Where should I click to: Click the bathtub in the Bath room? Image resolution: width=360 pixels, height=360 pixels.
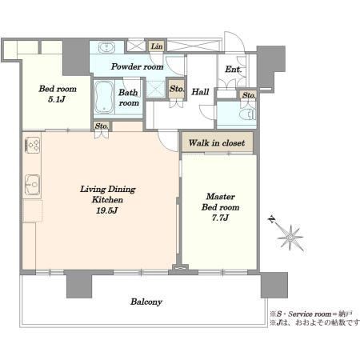coord(104,97)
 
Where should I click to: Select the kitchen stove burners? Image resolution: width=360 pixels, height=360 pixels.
coord(33,145)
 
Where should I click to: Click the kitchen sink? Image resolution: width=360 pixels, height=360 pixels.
coord(33,184)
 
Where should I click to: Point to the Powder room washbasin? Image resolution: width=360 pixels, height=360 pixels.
coord(106,48)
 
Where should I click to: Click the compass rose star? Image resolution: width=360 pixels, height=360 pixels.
coord(290,237)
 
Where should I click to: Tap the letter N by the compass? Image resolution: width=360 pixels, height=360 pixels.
coord(272,219)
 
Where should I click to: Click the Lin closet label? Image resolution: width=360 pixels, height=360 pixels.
coord(157,46)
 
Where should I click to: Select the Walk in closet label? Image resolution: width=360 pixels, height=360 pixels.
coord(217,143)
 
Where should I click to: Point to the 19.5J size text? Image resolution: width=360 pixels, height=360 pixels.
coord(107,210)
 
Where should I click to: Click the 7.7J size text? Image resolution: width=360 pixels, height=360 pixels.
coord(220,218)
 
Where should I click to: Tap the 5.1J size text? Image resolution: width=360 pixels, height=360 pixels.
coord(57,100)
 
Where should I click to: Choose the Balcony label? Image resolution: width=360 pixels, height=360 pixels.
coord(146,302)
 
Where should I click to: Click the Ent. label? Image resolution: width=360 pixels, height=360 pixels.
coord(233,70)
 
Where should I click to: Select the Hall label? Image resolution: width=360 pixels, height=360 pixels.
coord(200,92)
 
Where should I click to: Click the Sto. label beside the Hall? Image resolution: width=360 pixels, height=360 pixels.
coord(177,89)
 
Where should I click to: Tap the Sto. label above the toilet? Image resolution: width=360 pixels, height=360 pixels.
coord(249,95)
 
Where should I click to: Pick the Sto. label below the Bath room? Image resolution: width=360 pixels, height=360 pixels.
coord(102,126)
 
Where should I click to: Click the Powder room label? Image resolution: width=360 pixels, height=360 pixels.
coord(137,66)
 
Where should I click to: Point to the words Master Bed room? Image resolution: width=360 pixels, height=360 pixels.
coord(220,202)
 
